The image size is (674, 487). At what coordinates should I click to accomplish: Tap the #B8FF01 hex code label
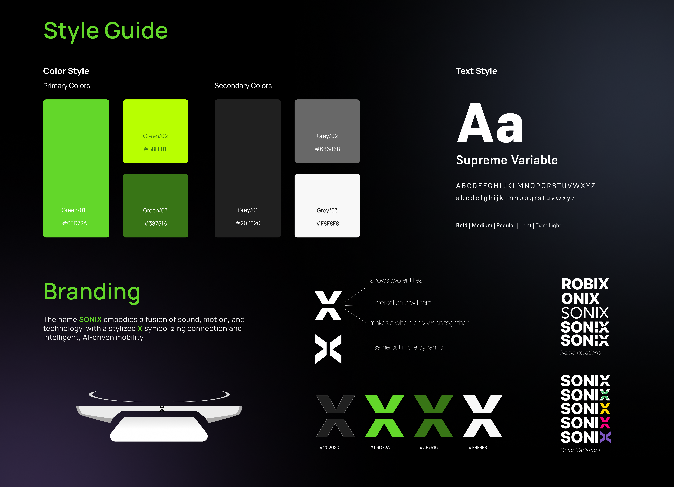155,149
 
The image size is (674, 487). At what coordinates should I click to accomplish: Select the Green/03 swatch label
155,210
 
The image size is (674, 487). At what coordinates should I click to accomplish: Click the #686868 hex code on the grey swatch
327,149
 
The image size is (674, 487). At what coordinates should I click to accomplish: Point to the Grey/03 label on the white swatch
327,210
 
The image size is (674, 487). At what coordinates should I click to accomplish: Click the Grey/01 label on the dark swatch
248,210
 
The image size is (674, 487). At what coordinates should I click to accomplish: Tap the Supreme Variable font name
507,160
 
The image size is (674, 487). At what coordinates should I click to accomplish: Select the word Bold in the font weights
461,225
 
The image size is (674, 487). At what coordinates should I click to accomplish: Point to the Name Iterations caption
580,353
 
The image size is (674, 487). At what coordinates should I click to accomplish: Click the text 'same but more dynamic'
408,347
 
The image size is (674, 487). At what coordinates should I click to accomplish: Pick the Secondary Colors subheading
243,86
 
